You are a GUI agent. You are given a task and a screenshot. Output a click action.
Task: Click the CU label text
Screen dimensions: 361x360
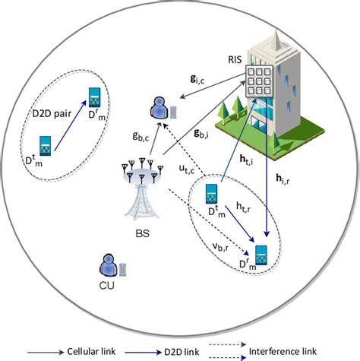[x=107, y=286]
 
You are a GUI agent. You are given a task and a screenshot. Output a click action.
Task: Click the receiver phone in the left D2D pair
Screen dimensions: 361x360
[x=96, y=97]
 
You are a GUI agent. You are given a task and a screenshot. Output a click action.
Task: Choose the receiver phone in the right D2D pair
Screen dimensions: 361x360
[x=262, y=255]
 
